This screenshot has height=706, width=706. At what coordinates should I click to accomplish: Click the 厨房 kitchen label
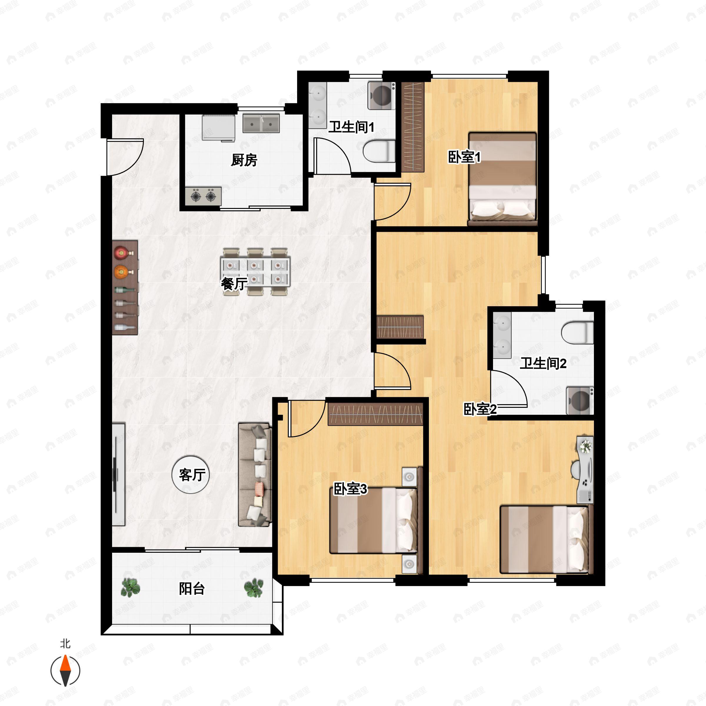(x=244, y=160)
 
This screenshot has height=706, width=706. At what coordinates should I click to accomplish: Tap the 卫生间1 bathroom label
(x=351, y=127)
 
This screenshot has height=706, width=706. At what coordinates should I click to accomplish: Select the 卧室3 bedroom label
(x=350, y=489)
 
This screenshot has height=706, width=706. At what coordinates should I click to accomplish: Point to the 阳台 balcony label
(x=192, y=589)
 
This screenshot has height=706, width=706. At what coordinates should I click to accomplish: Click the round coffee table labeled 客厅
(x=191, y=474)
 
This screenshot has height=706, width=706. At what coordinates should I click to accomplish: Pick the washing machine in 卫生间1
(x=382, y=95)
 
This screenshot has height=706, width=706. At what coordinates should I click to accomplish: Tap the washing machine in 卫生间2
(x=580, y=400)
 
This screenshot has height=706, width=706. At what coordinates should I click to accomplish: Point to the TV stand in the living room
(x=118, y=474)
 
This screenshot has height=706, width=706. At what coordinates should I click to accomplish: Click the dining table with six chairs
(x=255, y=272)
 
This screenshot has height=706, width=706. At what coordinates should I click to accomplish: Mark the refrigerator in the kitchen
(x=219, y=128)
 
